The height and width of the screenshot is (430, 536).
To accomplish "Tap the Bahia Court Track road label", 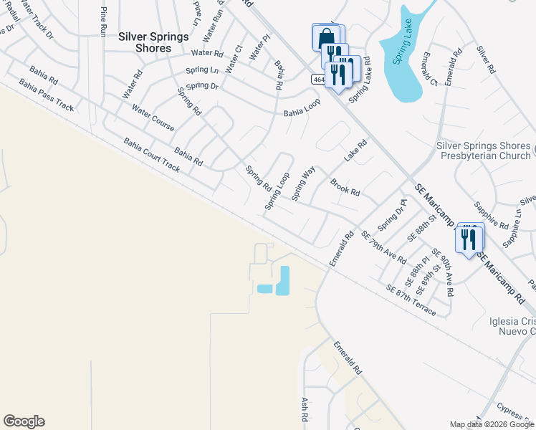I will click(151, 156).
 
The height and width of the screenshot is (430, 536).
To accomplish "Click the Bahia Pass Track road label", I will click(47, 95).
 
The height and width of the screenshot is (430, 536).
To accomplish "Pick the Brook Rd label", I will click(345, 187).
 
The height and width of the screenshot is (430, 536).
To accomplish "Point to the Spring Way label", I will click(303, 178).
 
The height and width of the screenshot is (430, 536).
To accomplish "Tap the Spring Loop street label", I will click(277, 191).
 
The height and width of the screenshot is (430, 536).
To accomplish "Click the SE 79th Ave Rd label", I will click(383, 247).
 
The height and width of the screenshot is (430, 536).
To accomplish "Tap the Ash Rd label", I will click(305, 410).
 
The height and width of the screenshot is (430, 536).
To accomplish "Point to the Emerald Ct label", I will click(430, 69).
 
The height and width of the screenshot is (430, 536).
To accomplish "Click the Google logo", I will click(24, 421).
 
